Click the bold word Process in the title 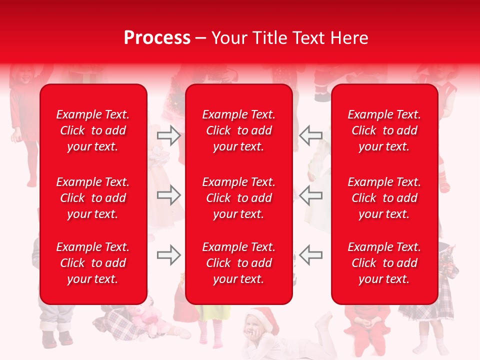tap(157, 38)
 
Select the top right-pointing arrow tap(169, 135)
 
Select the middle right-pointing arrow tap(169, 194)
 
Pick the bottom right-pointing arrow tap(169, 255)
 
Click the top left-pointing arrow tap(310, 135)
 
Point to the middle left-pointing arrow tap(310, 194)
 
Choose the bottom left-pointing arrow tap(310, 255)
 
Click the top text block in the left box tap(93, 130)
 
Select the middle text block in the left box tap(93, 198)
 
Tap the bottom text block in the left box tap(93, 263)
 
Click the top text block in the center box tap(238, 130)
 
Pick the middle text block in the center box tap(238, 198)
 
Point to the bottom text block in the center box tap(238, 263)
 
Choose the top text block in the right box tap(384, 130)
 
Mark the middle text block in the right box tap(384, 198)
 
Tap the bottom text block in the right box tap(384, 263)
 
